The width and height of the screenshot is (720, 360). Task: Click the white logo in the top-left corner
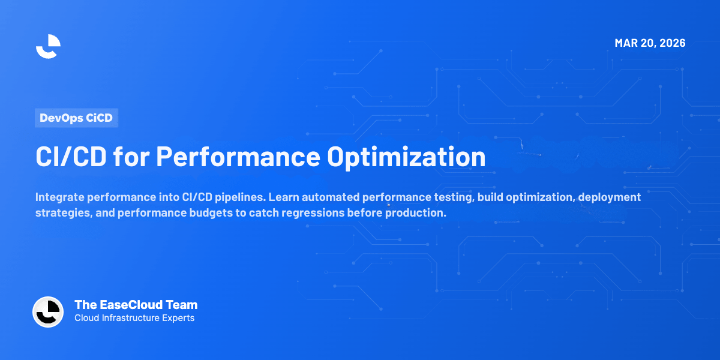(48, 47)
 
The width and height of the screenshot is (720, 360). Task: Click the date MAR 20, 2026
(650, 43)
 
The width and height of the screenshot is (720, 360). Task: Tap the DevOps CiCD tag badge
(77, 118)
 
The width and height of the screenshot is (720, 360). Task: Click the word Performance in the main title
(238, 157)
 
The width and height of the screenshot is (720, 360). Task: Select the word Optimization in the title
(406, 157)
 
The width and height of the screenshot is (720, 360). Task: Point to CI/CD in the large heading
(71, 157)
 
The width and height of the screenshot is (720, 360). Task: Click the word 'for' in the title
(131, 157)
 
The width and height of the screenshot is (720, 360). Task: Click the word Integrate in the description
(60, 197)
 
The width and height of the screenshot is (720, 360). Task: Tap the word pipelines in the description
(241, 197)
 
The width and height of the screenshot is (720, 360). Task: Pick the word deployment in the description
(610, 197)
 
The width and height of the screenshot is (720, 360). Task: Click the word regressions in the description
(313, 213)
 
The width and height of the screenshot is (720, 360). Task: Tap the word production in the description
(416, 213)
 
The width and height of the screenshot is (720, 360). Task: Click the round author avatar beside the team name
(48, 312)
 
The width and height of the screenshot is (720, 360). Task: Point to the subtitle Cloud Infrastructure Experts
(134, 318)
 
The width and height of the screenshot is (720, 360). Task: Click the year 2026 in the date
(673, 43)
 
